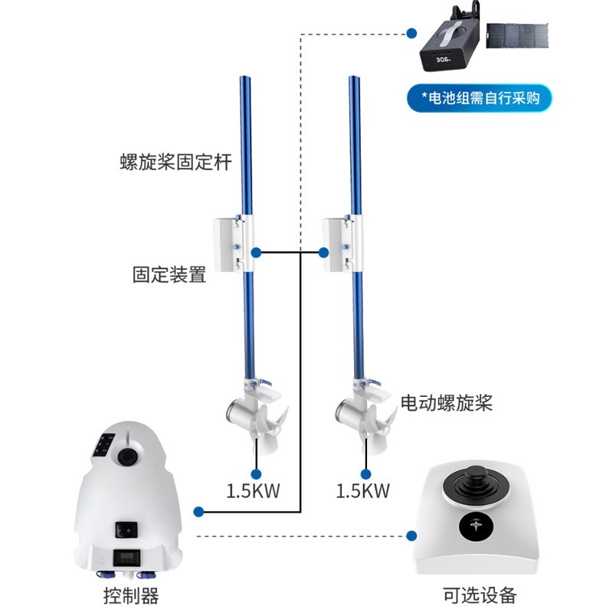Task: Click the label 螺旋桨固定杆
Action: (175, 162)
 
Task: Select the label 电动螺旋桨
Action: (447, 403)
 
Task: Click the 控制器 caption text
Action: (130, 595)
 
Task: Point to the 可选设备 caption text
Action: (480, 595)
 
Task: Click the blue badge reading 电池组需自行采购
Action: (480, 97)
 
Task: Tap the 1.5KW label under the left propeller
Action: (253, 491)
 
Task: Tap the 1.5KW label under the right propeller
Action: (363, 491)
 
